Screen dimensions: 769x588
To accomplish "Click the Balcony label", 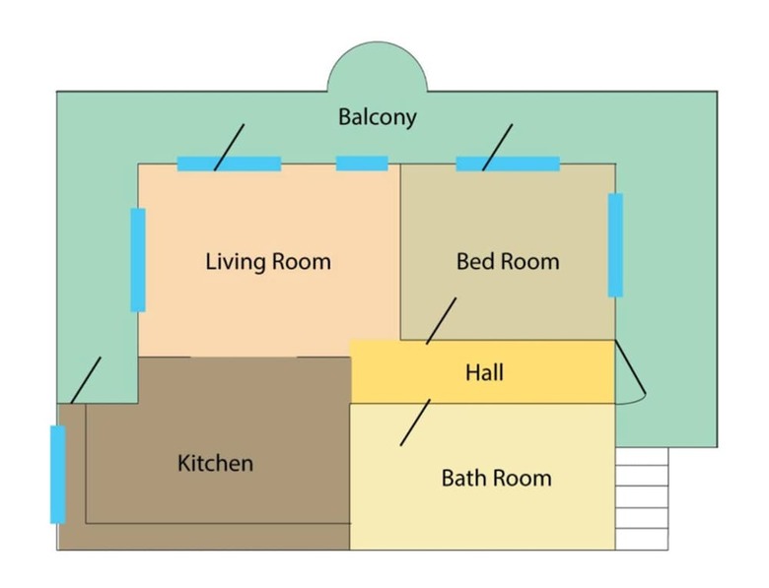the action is (378, 117).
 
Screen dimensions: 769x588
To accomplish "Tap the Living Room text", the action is (268, 261).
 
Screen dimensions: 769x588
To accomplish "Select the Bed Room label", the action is (508, 261).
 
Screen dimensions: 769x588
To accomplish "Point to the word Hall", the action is (484, 372).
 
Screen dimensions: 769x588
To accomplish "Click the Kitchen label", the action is (215, 463).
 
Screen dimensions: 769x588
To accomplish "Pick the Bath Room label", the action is (496, 478).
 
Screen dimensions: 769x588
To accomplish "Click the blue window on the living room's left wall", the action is (138, 260).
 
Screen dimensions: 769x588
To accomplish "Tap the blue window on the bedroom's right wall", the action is (615, 245).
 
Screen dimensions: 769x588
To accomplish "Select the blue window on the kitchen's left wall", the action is (58, 475).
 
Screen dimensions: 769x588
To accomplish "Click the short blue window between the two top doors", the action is (362, 163).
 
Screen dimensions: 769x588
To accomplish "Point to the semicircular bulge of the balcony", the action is (378, 66).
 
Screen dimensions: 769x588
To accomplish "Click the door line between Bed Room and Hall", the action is (441, 321).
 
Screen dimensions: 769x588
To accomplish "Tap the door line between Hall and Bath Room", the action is (415, 423).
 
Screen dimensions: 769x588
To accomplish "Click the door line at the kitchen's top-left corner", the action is (86, 380).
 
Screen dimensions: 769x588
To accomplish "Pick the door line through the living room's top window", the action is (229, 148).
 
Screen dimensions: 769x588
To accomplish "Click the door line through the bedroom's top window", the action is (497, 148).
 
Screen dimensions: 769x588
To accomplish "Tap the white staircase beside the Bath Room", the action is (642, 498).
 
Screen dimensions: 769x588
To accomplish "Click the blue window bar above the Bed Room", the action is (508, 163).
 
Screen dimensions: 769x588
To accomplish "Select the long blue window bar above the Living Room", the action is (229, 163).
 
